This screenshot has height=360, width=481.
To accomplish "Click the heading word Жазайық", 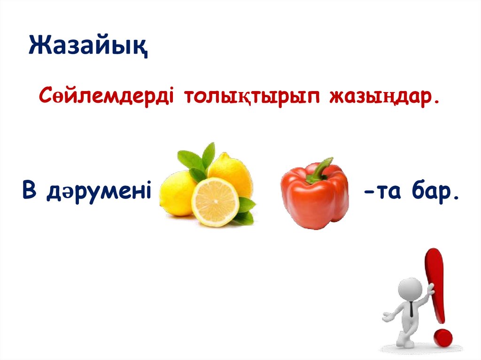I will [88, 47].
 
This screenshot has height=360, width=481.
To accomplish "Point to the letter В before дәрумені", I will [30, 193].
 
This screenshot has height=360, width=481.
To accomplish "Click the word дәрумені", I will [98, 193].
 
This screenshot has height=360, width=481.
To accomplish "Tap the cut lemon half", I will [215, 202].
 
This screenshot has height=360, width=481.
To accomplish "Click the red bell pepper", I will [315, 199].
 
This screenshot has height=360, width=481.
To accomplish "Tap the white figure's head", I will [410, 288].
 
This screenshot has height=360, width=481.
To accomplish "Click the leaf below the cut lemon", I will [244, 217].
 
